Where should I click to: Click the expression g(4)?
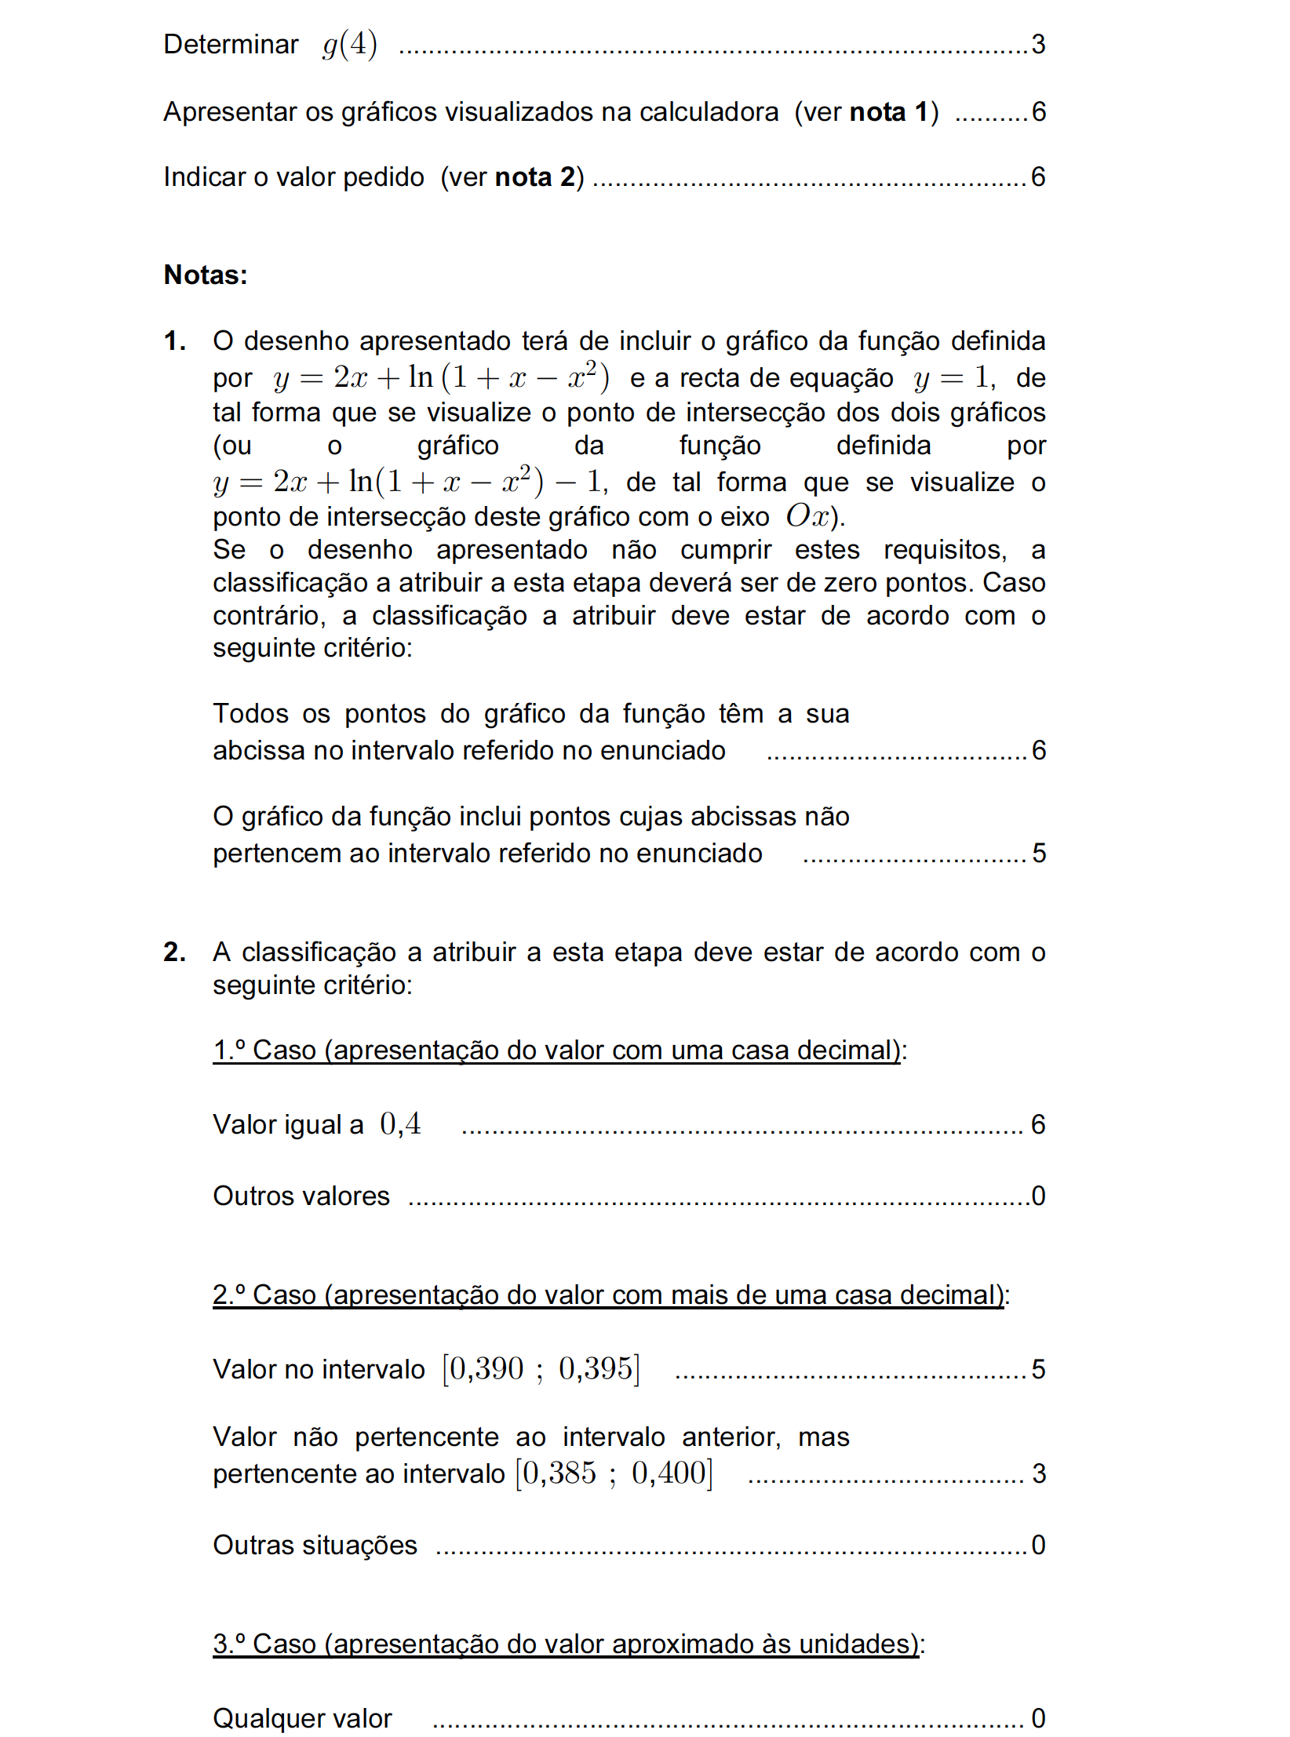(x=350, y=45)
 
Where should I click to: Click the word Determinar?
(x=231, y=45)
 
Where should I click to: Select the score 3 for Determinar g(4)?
(x=1037, y=45)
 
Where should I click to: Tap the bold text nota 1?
(x=888, y=112)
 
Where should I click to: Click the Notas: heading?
(x=206, y=275)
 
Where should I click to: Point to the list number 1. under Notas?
(x=174, y=341)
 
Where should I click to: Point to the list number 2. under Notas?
(x=174, y=952)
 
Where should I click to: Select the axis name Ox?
(x=808, y=516)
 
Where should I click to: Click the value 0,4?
(x=400, y=1124)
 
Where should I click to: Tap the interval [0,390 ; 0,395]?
(x=541, y=1369)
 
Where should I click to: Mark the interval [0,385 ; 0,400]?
(x=614, y=1473)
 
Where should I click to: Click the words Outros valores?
(x=301, y=1196)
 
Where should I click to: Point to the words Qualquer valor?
(x=302, y=1718)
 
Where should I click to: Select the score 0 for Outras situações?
(x=1037, y=1545)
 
